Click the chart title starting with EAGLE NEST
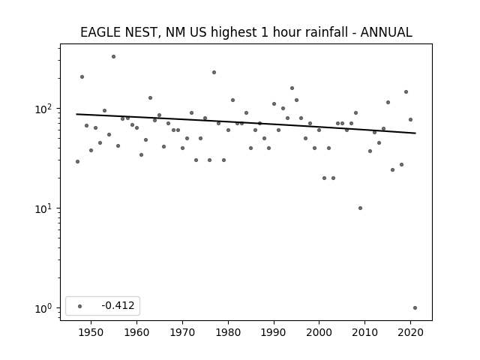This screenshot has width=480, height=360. click(x=246, y=32)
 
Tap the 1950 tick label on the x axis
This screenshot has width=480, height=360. click(x=91, y=332)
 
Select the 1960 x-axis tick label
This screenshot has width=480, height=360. click(x=136, y=332)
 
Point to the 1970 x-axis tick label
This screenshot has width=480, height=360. click(x=182, y=332)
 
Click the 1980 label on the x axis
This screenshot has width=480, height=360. click(x=228, y=332)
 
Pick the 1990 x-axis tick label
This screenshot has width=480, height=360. click(x=274, y=332)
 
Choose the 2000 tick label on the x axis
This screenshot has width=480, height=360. click(x=319, y=332)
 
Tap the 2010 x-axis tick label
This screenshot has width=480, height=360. click(x=364, y=332)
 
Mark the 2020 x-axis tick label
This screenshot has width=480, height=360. click(x=410, y=332)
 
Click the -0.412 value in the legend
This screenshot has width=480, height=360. click(x=118, y=305)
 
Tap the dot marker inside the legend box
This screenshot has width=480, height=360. click(x=80, y=306)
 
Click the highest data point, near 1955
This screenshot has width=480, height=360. click(x=113, y=57)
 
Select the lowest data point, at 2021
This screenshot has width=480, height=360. click(x=415, y=308)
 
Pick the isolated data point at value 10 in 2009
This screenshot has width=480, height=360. click(x=360, y=208)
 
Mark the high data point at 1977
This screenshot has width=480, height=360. click(x=214, y=73)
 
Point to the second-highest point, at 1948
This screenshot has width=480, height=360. click(x=82, y=76)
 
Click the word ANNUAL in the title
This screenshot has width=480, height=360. click(x=386, y=32)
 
